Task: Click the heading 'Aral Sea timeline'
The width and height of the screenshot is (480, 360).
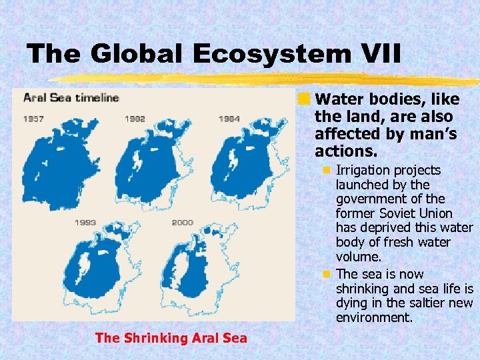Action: pos(71,98)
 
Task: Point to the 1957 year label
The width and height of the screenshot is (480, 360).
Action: pos(35,119)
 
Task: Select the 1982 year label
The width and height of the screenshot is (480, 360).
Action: pos(135,119)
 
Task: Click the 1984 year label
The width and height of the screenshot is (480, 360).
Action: pos(229,119)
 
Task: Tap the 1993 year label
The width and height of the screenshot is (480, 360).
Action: pos(85,222)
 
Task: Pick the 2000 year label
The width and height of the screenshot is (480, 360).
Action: pos(182,222)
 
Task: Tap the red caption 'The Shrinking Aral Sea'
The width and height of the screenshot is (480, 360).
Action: pos(171,338)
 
